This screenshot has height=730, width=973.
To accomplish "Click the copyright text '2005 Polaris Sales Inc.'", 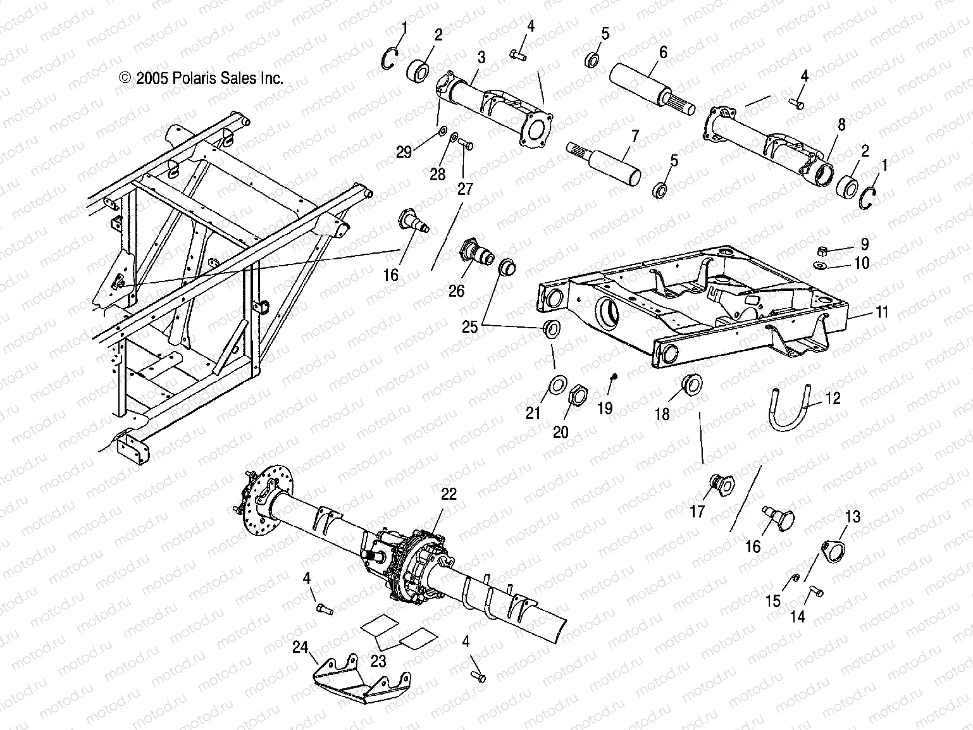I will point(201,78).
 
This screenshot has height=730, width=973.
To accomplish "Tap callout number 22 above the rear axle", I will point(449,494).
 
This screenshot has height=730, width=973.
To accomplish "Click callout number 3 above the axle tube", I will point(481,58).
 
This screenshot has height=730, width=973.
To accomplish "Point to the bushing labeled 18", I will point(692,384).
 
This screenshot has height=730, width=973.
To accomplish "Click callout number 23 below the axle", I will point(378,661).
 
